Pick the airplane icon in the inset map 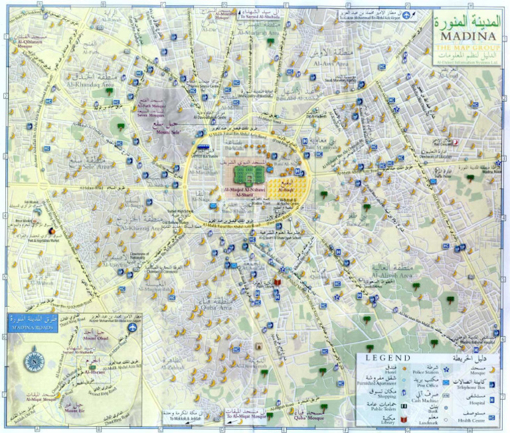pos(133,327)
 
